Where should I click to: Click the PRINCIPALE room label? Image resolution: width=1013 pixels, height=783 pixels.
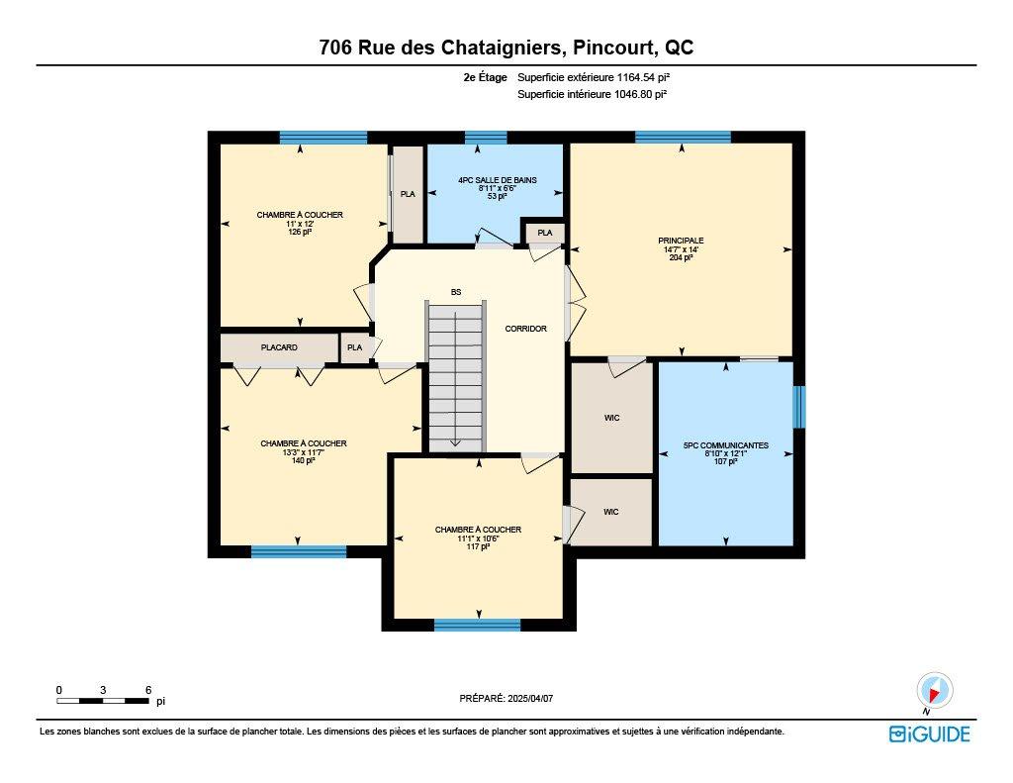pos(681,240)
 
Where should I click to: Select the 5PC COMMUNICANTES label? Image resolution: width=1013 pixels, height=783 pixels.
pos(725,445)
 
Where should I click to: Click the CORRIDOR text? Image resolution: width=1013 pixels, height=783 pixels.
pos(525,329)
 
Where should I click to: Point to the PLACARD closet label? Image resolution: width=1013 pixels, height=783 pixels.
pos(279,347)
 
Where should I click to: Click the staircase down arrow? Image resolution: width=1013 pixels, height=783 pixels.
pos(455,442)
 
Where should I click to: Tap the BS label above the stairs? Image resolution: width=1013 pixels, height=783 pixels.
pos(455,292)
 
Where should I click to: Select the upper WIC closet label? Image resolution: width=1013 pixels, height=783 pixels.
pos(611,418)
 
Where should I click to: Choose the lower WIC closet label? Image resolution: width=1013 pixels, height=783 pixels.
pos(611,512)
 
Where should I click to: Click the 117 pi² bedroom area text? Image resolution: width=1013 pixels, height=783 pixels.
pos(478,547)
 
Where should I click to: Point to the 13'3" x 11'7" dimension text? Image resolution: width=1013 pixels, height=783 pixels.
pos(304,452)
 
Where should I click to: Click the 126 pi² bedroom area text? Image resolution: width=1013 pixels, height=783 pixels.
pos(300,232)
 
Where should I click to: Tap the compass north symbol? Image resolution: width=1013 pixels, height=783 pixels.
pos(934,690)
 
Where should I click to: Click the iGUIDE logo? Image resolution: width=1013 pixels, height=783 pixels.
pos(929,734)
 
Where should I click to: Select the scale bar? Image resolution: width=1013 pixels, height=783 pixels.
pos(103,701)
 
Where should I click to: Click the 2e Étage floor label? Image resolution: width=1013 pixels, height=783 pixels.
pos(485,76)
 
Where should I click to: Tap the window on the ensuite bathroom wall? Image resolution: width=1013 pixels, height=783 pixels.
pos(799,407)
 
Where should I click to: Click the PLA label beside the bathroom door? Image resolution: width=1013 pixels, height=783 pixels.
pos(544,233)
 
